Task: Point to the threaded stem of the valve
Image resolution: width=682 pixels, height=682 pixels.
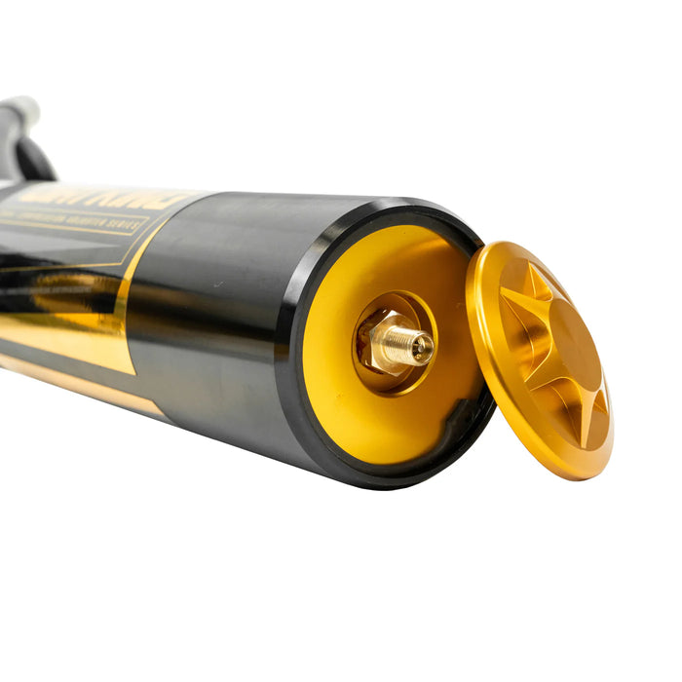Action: [x=404, y=343]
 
